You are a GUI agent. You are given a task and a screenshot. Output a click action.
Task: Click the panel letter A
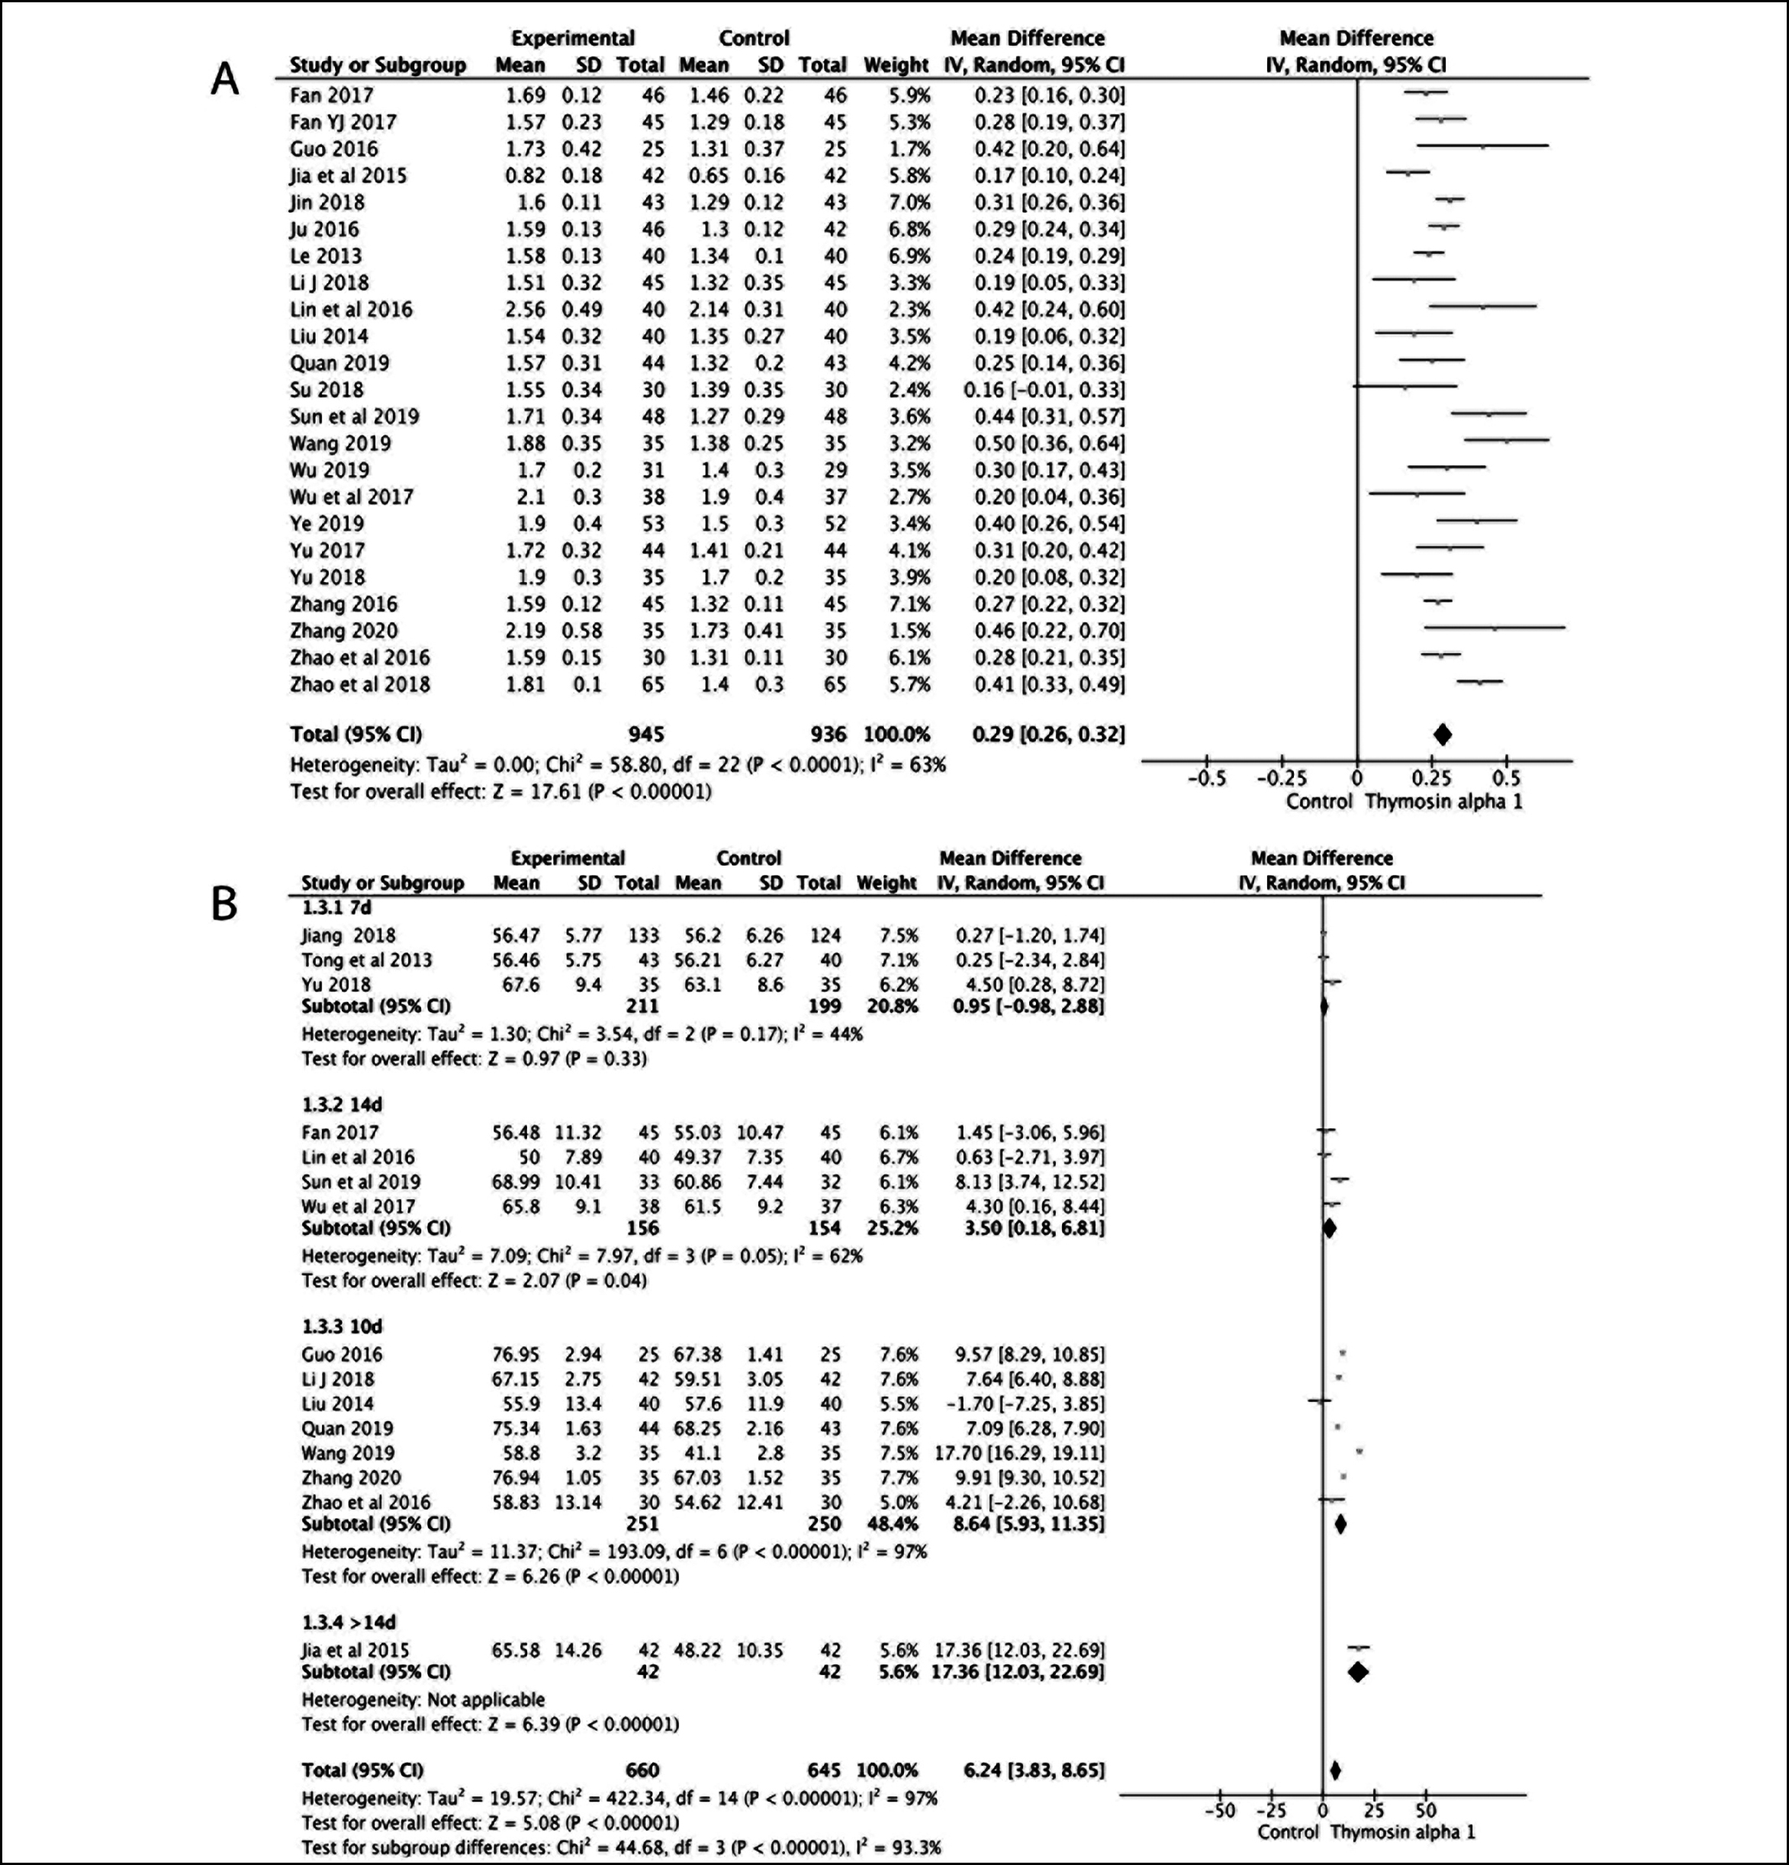(224, 80)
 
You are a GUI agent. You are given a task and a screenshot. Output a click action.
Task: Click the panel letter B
(224, 905)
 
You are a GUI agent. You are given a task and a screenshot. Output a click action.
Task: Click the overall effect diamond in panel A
(1443, 735)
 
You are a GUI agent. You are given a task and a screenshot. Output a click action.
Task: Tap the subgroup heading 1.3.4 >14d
(350, 1622)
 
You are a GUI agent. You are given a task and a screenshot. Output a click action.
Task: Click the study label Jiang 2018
(349, 935)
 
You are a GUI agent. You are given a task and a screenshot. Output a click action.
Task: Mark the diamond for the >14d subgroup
(1358, 1672)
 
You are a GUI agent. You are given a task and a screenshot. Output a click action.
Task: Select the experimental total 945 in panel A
(646, 735)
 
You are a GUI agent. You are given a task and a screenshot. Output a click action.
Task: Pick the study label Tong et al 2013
(366, 960)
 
